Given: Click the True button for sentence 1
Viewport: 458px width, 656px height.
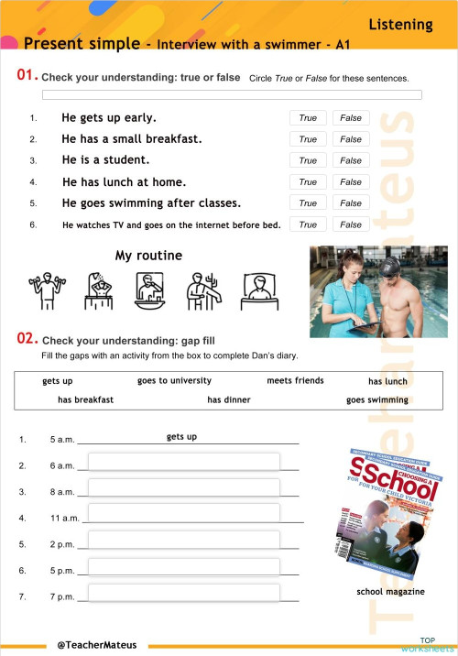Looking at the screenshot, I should (308, 118).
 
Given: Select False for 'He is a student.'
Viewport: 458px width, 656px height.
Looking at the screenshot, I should (351, 160).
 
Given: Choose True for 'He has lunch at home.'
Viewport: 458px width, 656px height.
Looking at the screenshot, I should (308, 182).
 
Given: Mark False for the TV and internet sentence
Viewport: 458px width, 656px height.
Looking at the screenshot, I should (351, 224).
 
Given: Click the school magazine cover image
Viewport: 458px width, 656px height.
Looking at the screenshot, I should (391, 514).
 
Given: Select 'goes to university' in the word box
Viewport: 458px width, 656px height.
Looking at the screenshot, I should (174, 380).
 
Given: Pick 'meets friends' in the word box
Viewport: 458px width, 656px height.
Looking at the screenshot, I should (295, 380).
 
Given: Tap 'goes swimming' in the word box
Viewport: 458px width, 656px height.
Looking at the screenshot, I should (377, 400).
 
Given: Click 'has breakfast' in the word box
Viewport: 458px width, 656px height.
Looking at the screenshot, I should (85, 400).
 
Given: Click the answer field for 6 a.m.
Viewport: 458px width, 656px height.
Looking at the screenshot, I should (183, 462).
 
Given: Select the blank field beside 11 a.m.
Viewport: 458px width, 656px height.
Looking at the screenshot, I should (183, 514).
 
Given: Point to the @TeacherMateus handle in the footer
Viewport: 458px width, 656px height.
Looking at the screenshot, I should (96, 644).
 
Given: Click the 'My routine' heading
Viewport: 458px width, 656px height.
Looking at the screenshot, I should (148, 256).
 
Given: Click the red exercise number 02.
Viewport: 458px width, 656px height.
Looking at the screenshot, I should (27, 339).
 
